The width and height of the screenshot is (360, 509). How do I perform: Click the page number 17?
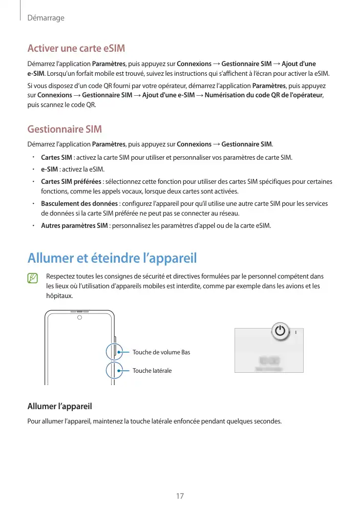click(x=180, y=496)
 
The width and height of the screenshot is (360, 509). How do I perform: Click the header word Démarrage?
click(x=46, y=18)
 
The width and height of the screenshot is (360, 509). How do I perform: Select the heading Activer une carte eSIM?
click(x=76, y=49)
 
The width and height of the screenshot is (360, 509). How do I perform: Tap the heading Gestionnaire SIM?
click(x=65, y=129)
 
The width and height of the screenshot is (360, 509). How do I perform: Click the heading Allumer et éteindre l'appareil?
click(x=112, y=257)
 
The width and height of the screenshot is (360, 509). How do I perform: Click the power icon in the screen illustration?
click(x=279, y=331)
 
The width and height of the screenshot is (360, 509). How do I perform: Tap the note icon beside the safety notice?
click(x=33, y=278)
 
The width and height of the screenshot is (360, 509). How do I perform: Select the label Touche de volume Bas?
click(x=161, y=352)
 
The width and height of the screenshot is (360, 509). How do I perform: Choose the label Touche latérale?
click(x=152, y=370)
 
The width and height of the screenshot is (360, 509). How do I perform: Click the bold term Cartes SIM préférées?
click(x=71, y=182)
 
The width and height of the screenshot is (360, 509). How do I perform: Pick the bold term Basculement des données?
click(x=79, y=204)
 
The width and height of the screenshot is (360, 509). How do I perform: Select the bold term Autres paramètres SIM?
click(x=74, y=226)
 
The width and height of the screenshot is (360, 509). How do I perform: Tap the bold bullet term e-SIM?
click(x=49, y=169)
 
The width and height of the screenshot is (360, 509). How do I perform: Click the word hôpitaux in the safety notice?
click(x=59, y=296)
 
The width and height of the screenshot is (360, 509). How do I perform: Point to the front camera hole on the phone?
click(x=80, y=318)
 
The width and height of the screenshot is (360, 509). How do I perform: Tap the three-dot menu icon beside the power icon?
click(x=295, y=331)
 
